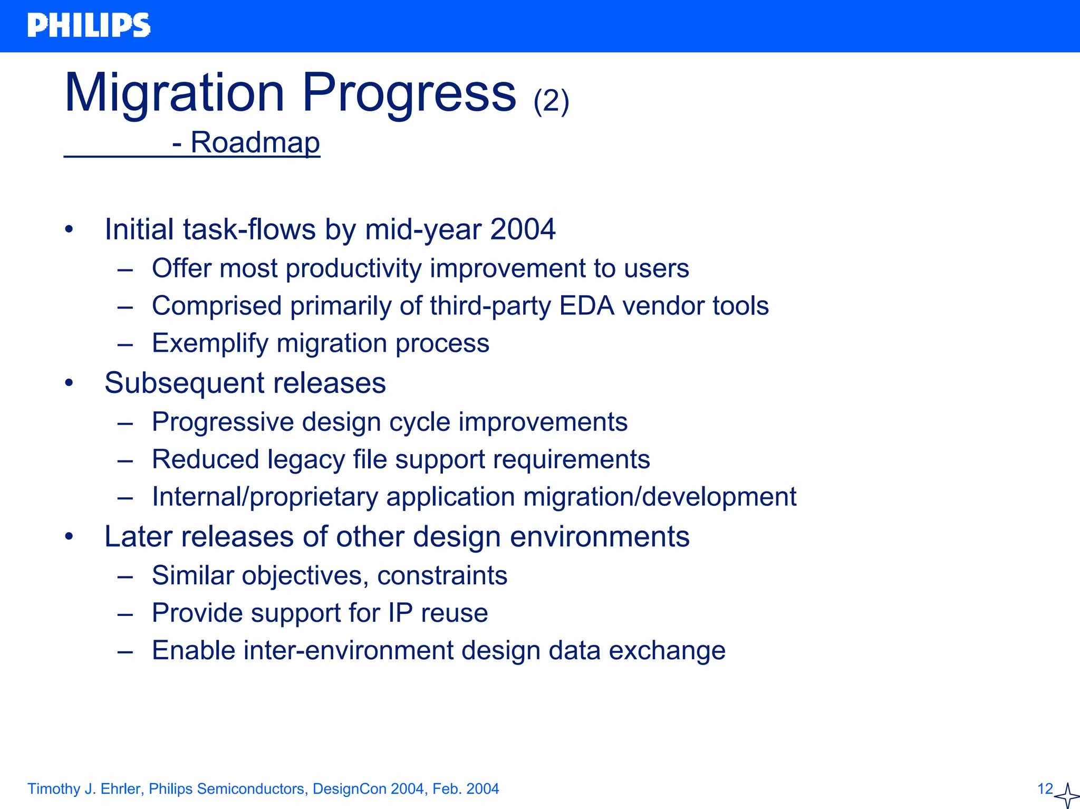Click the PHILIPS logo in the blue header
89,25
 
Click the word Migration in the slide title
174,93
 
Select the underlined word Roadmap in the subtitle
255,142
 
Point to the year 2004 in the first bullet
522,229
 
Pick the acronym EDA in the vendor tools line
586,306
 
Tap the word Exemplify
210,343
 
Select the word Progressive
223,422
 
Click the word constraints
442,575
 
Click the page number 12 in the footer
1045,789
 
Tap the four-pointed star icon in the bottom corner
1067,795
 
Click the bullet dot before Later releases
69,537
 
